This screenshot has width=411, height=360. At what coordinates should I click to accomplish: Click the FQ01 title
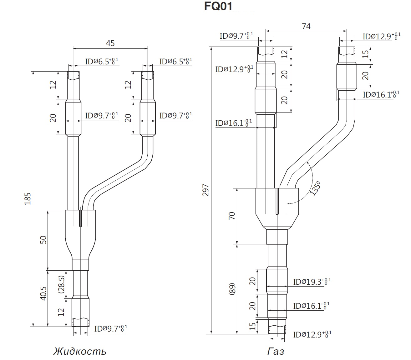(218, 7)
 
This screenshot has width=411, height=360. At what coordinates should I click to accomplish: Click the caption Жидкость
(80, 351)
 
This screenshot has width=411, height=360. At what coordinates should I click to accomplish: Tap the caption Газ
(276, 352)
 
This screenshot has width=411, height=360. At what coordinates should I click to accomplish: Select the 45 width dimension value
(110, 43)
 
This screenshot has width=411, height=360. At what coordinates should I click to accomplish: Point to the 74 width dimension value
(306, 26)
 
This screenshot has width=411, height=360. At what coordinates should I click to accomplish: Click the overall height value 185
(28, 199)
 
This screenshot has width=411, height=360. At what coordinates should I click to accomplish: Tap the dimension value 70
(231, 216)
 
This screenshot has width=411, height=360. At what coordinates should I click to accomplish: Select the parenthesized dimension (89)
(232, 289)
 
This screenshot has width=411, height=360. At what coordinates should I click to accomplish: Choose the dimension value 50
(43, 240)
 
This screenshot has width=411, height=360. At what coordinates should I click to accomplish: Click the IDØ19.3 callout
(312, 282)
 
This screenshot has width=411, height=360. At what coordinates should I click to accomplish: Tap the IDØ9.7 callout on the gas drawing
(236, 36)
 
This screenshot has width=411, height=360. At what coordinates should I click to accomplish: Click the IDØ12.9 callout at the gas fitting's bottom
(312, 335)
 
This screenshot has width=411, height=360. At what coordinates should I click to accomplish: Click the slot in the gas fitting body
(277, 201)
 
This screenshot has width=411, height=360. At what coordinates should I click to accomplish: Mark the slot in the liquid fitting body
(80, 218)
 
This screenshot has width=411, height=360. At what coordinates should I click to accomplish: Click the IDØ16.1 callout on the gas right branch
(381, 94)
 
